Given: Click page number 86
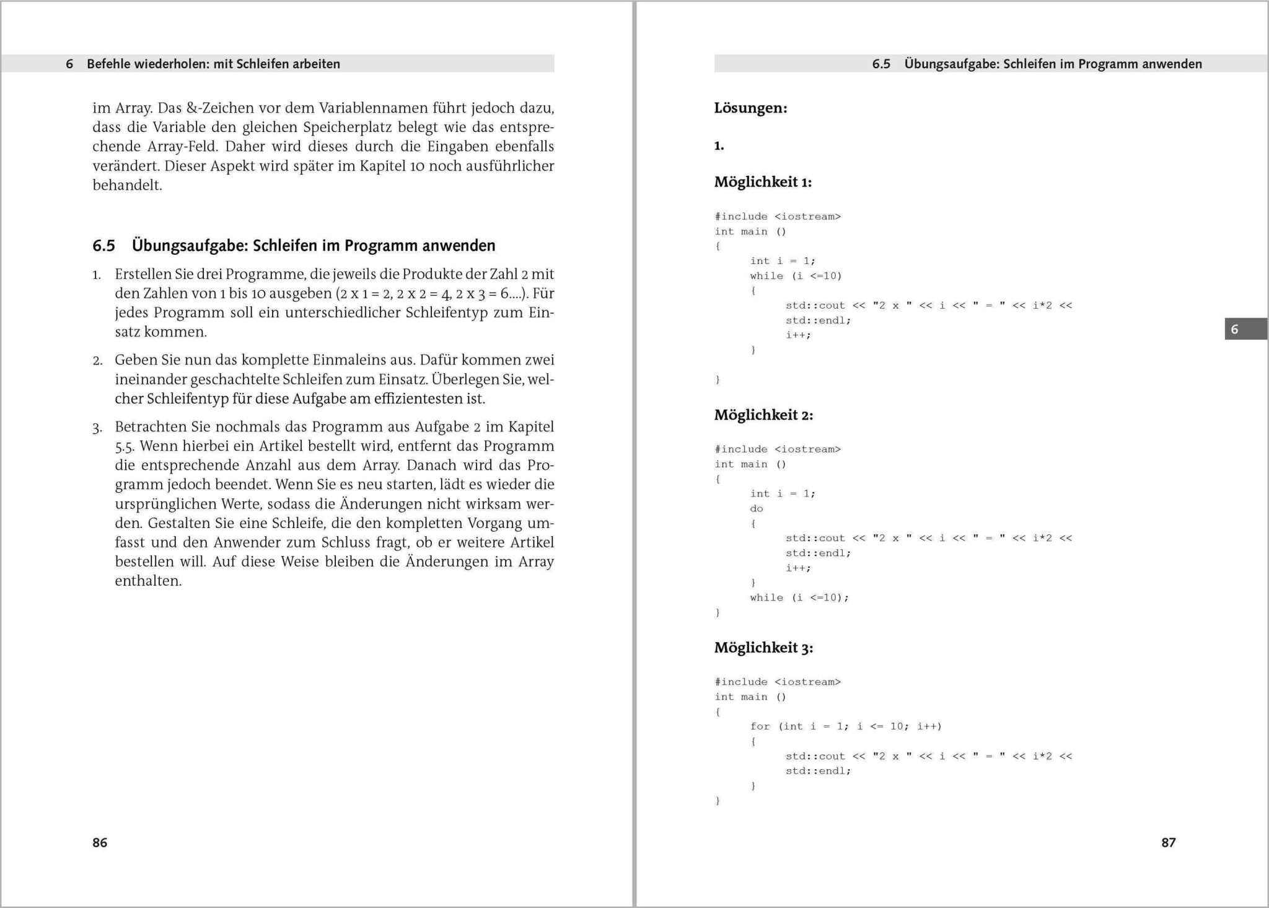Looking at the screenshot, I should point(100,842).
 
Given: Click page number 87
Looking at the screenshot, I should point(1168,842).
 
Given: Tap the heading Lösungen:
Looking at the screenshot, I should point(750,108).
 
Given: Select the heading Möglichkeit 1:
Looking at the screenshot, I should point(763,182).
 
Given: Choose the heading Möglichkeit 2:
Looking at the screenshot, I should point(763,415).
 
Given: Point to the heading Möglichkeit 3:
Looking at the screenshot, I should point(763,648).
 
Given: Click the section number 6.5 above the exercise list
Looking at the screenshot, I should point(104,246).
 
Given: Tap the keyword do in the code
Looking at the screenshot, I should point(757,509).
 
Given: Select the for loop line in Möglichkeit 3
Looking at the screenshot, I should point(846,726).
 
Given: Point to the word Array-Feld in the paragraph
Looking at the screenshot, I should point(183,147).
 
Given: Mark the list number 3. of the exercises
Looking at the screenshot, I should point(97,428).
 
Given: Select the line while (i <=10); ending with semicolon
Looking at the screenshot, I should point(799,598).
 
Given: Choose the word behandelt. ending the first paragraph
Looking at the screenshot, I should point(127,185).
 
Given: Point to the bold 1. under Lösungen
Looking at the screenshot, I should point(719,146).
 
